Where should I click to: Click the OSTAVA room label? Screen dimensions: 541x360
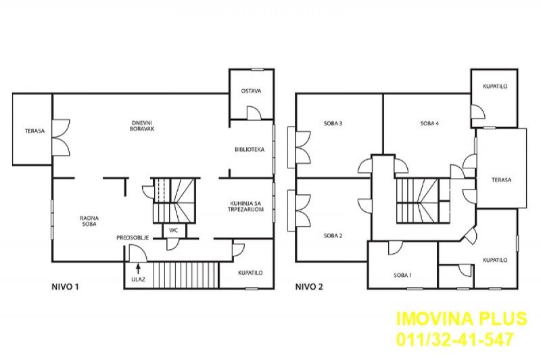(251, 91)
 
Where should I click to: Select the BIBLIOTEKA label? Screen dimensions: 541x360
(250, 150)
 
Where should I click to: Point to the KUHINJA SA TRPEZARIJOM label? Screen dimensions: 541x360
(246, 206)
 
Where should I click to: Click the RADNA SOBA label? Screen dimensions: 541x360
(89, 221)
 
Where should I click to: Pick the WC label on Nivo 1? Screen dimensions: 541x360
(174, 230)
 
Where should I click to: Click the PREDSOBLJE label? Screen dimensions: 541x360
(133, 238)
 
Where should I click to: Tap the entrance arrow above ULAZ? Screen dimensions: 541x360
(139, 268)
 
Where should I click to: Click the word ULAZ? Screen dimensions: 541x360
(138, 279)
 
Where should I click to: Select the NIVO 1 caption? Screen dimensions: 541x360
(65, 286)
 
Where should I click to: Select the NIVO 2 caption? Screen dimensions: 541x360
(309, 286)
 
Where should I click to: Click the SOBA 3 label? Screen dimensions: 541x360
(333, 123)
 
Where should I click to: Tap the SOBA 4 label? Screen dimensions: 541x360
(429, 123)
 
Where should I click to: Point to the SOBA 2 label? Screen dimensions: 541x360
(333, 235)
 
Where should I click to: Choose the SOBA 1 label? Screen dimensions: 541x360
(402, 275)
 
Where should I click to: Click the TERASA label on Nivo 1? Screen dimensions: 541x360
(35, 131)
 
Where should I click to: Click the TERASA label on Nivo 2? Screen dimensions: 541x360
(501, 180)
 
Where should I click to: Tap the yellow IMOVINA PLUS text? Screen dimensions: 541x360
(462, 319)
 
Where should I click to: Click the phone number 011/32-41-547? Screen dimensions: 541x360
(454, 339)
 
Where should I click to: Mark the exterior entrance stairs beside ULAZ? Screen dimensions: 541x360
(185, 275)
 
